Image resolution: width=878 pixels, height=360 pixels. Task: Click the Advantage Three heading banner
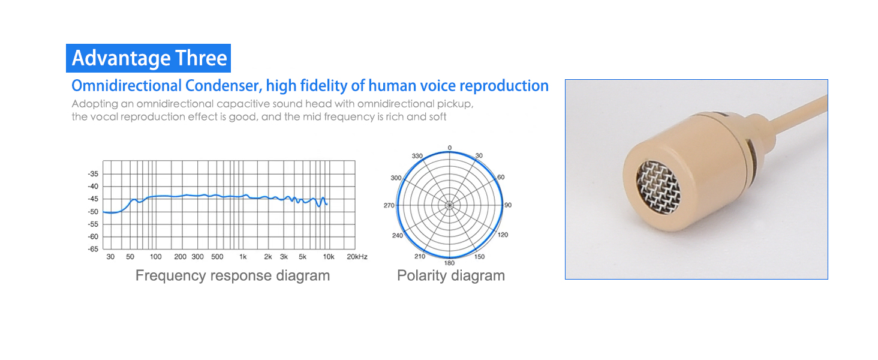(x=149, y=58)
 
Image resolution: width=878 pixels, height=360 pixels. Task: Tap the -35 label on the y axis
(x=93, y=174)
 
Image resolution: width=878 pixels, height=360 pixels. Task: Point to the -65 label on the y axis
(x=93, y=249)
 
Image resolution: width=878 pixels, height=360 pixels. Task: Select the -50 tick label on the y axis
(x=93, y=212)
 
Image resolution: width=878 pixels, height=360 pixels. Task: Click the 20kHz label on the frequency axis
(x=357, y=257)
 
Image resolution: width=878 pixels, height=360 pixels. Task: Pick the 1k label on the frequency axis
(x=243, y=257)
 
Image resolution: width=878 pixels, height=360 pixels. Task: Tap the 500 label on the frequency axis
(x=217, y=257)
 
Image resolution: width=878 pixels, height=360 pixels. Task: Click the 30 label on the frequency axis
(x=110, y=257)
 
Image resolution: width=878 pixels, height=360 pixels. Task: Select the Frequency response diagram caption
(x=232, y=275)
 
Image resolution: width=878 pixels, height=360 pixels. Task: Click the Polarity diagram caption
(x=451, y=275)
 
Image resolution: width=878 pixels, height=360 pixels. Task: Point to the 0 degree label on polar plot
(x=450, y=147)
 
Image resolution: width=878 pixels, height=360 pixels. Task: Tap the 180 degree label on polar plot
(x=449, y=263)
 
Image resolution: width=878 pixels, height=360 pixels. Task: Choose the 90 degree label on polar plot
(x=508, y=205)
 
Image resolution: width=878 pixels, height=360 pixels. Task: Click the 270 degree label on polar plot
(x=389, y=205)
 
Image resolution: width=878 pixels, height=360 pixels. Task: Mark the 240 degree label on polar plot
(x=397, y=235)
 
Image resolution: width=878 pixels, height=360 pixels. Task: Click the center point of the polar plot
(x=449, y=205)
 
